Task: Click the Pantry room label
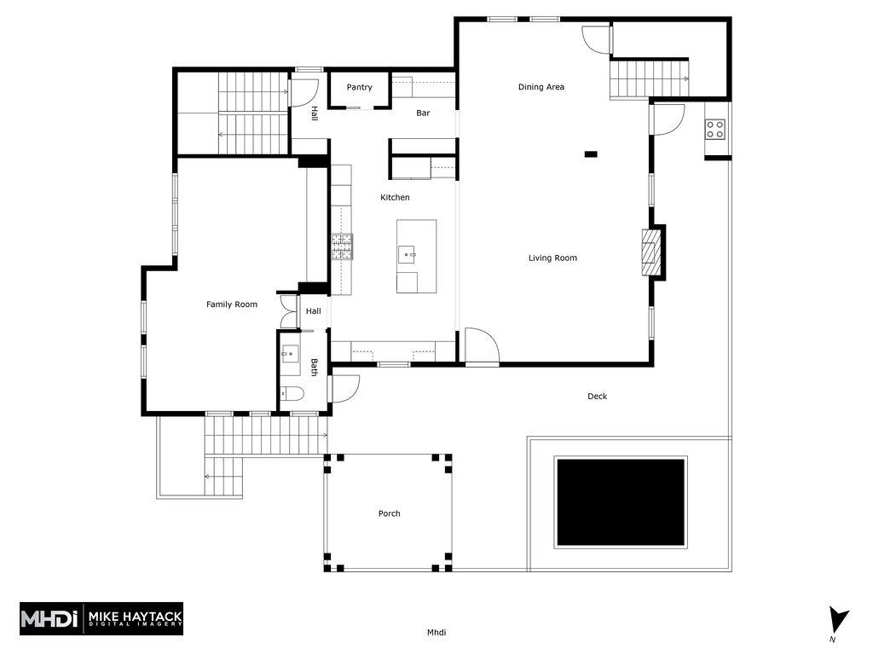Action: click(359, 88)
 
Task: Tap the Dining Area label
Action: click(541, 87)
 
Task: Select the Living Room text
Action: click(552, 258)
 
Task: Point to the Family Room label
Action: click(232, 304)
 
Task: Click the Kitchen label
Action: click(395, 197)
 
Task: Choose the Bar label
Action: click(423, 113)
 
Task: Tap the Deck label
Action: click(598, 397)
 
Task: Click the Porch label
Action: click(389, 513)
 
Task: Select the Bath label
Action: click(314, 367)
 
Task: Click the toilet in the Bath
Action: click(292, 394)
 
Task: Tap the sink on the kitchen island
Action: click(408, 254)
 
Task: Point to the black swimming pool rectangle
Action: click(621, 502)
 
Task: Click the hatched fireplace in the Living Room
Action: click(649, 252)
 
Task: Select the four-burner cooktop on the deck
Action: click(715, 130)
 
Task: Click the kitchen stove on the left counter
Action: click(343, 246)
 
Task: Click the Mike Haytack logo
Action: click(101, 619)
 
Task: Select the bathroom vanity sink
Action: click(290, 354)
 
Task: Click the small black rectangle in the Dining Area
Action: click(591, 154)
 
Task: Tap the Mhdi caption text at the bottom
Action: click(436, 632)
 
